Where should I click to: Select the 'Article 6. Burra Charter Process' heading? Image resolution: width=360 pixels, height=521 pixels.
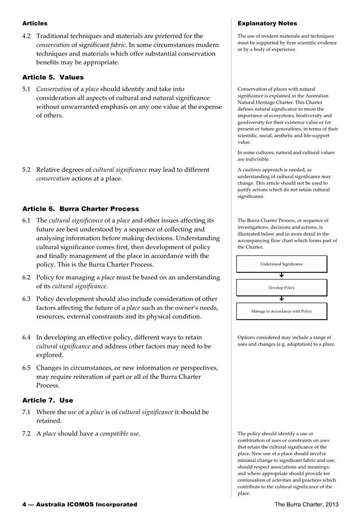[x=80, y=209]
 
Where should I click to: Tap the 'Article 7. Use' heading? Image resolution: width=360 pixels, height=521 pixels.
[x=47, y=400]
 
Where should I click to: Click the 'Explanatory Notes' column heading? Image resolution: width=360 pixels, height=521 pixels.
[x=267, y=23]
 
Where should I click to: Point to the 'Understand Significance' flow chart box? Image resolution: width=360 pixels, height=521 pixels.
[x=281, y=264]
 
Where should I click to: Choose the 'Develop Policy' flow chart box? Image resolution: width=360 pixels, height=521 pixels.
[x=281, y=288]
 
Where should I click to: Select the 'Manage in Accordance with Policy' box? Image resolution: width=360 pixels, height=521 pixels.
[x=281, y=311]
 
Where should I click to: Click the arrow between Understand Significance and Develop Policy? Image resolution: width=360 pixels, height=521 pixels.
[x=281, y=276]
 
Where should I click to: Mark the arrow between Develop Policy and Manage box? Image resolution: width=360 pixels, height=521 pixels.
[x=281, y=299]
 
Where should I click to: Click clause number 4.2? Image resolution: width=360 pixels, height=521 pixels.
[x=27, y=36]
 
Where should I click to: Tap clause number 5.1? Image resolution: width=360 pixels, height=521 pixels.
[x=27, y=89]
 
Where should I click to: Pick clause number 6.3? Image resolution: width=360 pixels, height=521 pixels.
[x=27, y=299]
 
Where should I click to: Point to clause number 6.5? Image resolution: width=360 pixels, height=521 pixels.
[x=27, y=368]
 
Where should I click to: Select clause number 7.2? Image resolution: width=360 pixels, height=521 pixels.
[x=27, y=434]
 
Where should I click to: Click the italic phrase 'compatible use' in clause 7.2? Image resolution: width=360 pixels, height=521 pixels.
[x=119, y=434]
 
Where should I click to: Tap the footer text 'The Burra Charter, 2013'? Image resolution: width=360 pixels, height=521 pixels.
[x=306, y=505]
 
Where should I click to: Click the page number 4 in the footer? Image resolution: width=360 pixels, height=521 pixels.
[x=24, y=505]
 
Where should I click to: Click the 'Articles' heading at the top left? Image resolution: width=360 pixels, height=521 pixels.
[x=35, y=23]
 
